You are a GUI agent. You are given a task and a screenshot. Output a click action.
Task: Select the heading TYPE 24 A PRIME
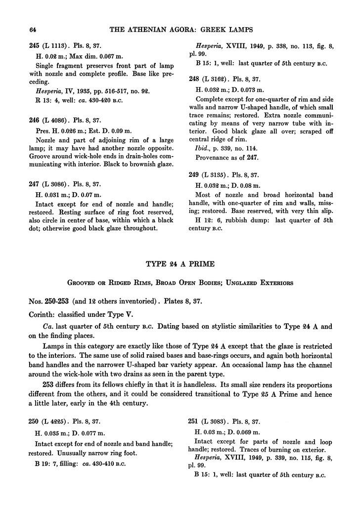tap(180, 264)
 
